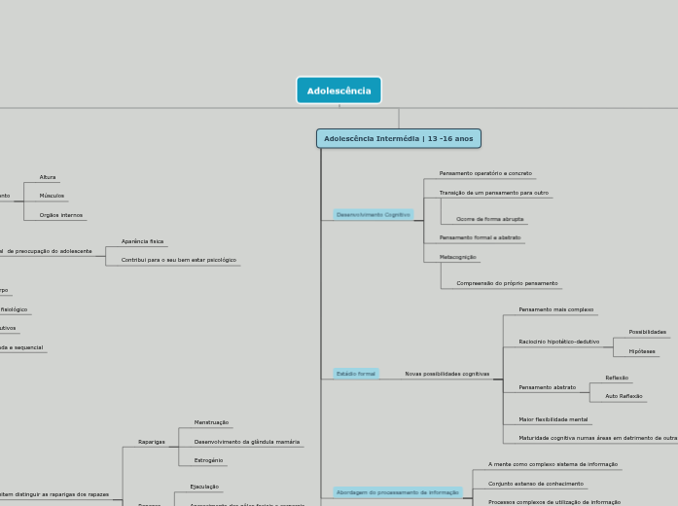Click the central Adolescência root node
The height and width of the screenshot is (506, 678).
point(339,90)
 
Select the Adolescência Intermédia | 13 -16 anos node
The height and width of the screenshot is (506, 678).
point(398,138)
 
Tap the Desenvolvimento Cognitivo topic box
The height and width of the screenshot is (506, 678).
point(373,214)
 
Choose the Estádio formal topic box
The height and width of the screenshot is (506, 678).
point(355,374)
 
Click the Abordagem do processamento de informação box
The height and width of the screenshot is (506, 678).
point(398,492)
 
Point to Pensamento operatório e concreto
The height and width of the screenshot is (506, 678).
point(484,173)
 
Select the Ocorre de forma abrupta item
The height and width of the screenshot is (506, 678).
point(489,219)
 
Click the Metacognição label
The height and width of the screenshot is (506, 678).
point(457,257)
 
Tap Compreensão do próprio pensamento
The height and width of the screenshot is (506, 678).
point(507,283)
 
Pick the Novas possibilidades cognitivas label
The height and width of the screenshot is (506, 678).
point(446,374)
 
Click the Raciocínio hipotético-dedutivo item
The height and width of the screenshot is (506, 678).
point(558,342)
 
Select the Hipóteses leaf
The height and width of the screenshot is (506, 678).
point(641,351)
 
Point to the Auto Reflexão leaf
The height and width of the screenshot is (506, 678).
point(624,396)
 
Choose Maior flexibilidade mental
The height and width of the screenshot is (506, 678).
point(553,419)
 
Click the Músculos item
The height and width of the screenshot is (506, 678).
point(52,196)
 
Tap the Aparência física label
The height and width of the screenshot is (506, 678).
point(142,241)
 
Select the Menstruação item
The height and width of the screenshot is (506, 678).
point(211,422)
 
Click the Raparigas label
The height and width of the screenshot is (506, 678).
point(151,442)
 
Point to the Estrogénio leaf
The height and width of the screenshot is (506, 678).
point(208,460)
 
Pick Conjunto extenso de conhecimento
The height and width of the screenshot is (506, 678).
point(535,484)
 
